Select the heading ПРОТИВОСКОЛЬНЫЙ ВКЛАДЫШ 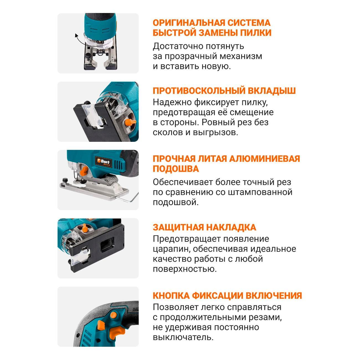coord(224,91)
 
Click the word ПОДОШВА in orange coord(176,169)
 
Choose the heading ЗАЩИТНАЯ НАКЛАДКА coord(204,227)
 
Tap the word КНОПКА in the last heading coord(171,296)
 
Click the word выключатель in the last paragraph coord(183,337)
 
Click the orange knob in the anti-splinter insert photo coord(130,122)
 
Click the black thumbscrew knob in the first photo coord(88,55)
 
